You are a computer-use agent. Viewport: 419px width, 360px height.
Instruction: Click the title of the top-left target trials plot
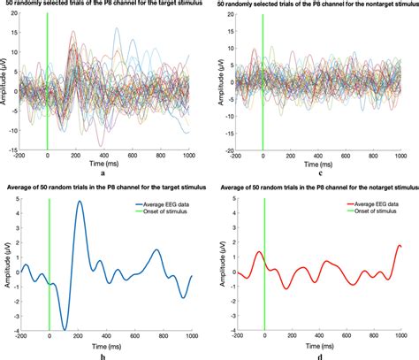104,6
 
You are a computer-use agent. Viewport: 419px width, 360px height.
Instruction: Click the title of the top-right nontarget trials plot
315,6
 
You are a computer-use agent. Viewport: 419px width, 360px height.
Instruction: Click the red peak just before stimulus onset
258,252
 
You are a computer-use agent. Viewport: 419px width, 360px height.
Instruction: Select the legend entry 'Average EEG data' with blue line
164,203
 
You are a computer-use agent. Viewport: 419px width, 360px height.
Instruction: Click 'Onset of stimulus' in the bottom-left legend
164,212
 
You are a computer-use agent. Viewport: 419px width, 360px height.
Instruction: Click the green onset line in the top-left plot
47,88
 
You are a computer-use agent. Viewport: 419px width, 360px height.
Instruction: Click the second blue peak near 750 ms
156,250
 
